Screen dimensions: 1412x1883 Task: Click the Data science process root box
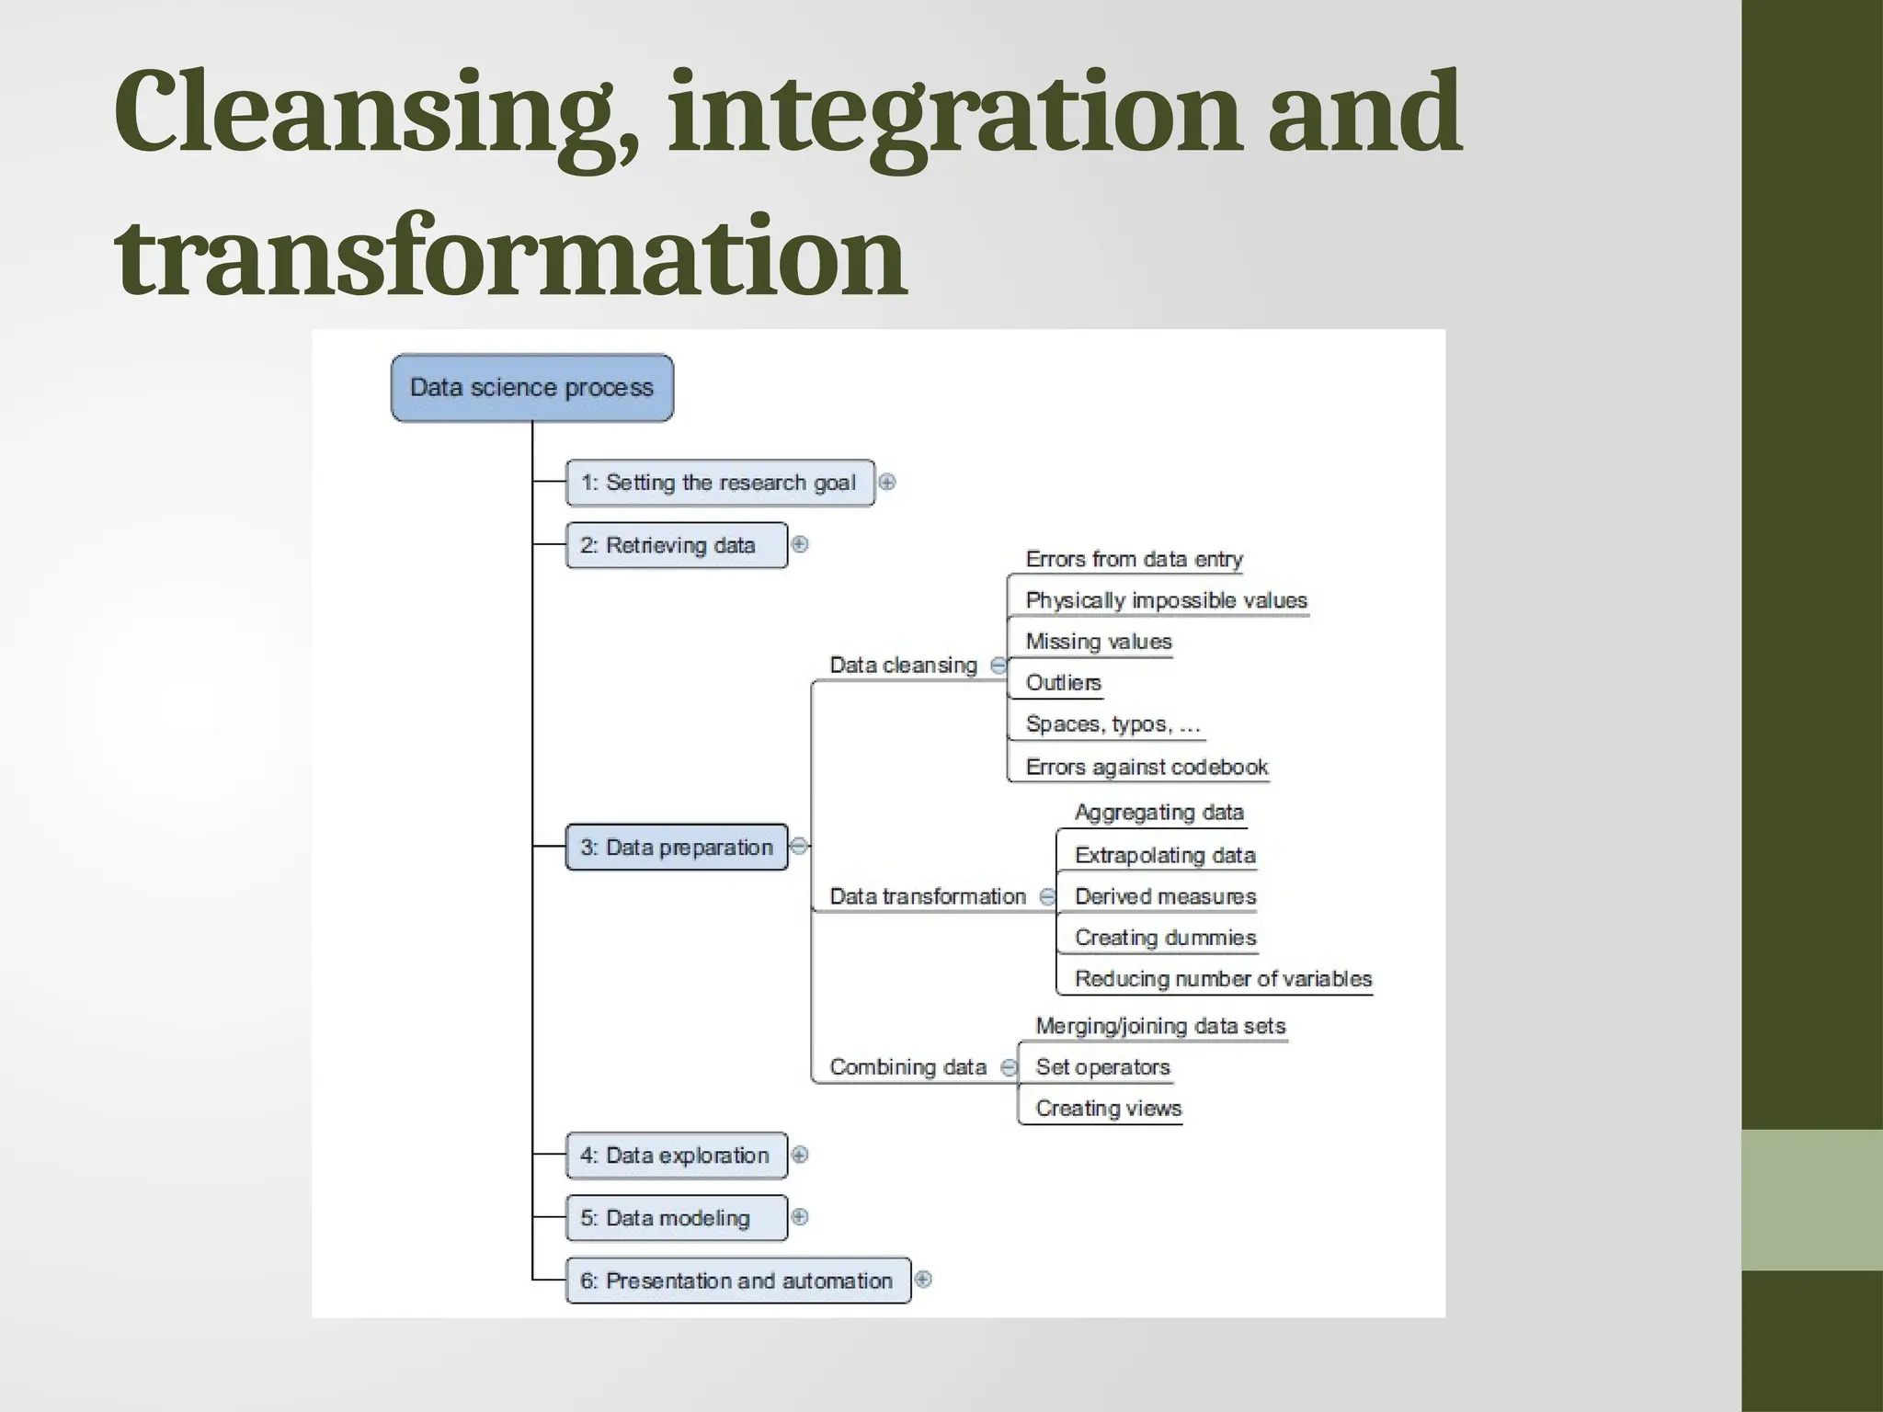[531, 388]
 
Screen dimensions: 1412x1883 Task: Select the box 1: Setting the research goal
[719, 483]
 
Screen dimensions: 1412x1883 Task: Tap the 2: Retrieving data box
[676, 545]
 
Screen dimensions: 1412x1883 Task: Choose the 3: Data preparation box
[676, 847]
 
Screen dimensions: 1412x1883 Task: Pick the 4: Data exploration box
[676, 1156]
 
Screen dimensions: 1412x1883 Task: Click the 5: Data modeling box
[676, 1218]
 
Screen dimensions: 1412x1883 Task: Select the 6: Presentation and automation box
[737, 1281]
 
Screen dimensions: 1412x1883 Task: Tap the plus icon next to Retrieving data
[800, 544]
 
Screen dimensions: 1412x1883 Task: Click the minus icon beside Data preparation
[799, 846]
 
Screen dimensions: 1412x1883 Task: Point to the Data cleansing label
[903, 665]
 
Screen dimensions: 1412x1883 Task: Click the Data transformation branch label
[927, 896]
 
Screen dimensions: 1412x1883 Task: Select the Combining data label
[907, 1067]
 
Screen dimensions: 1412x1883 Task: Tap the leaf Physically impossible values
[1166, 600]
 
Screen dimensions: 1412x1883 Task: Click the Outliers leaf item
[1063, 683]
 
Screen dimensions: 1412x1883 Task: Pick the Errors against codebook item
[1146, 767]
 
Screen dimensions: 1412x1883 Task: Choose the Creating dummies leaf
[1165, 938]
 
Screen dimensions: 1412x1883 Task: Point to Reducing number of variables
[1223, 979]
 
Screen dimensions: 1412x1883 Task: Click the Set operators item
[1102, 1067]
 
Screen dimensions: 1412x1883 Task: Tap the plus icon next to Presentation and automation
[923, 1280]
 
